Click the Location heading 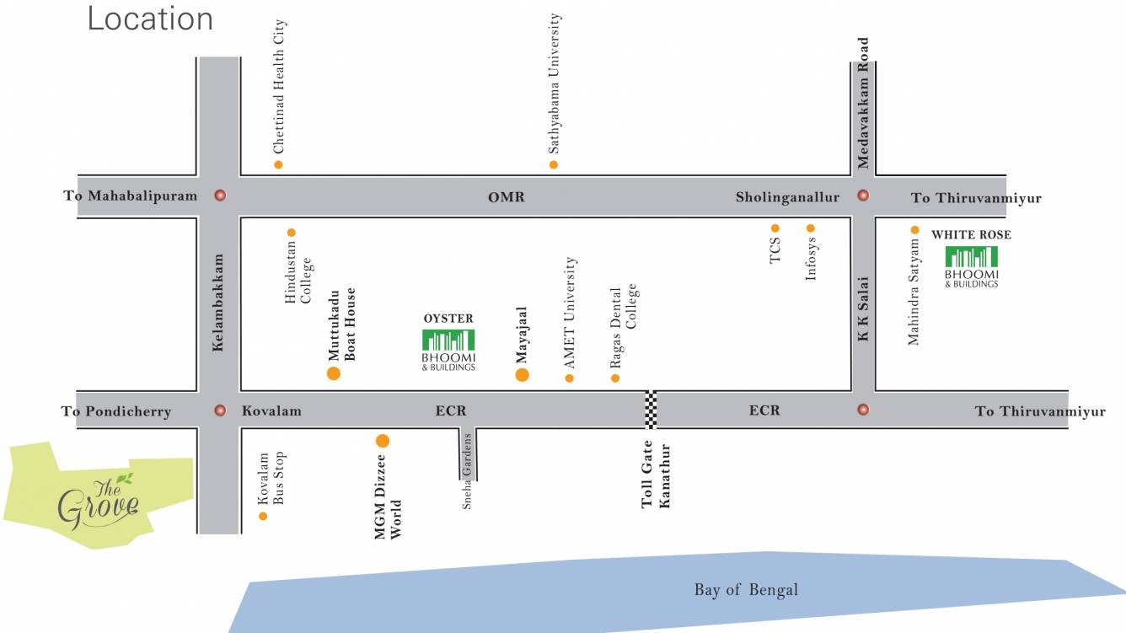[x=150, y=19]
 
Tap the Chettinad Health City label [x=280, y=87]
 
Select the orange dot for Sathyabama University [x=554, y=164]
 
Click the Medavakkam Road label [x=863, y=103]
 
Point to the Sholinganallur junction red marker [x=863, y=196]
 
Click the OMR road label [x=506, y=197]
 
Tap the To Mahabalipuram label [x=130, y=196]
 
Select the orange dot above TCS [x=775, y=228]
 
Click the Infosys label [x=811, y=260]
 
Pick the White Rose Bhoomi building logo [x=971, y=257]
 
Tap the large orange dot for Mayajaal [x=522, y=375]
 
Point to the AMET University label [x=571, y=313]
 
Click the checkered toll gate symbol [x=651, y=410]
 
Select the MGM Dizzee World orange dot [x=383, y=440]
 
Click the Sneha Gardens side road [x=468, y=456]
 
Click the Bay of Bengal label [x=746, y=590]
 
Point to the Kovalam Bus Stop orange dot [x=263, y=516]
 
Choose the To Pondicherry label [x=116, y=411]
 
